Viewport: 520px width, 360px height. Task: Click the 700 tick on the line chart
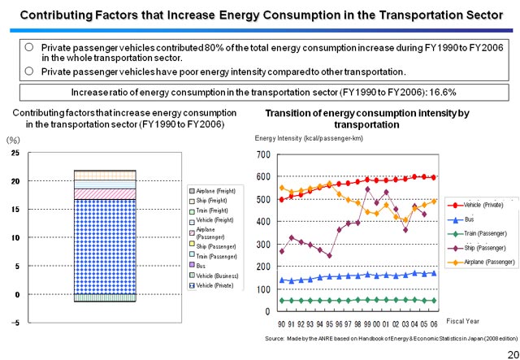coord(262,155)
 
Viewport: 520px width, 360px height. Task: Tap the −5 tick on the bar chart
coord(15,323)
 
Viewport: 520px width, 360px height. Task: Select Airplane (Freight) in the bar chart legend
coord(215,190)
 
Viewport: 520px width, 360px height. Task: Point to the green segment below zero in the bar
coord(105,298)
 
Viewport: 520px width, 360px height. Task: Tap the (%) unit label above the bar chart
coord(13,140)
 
